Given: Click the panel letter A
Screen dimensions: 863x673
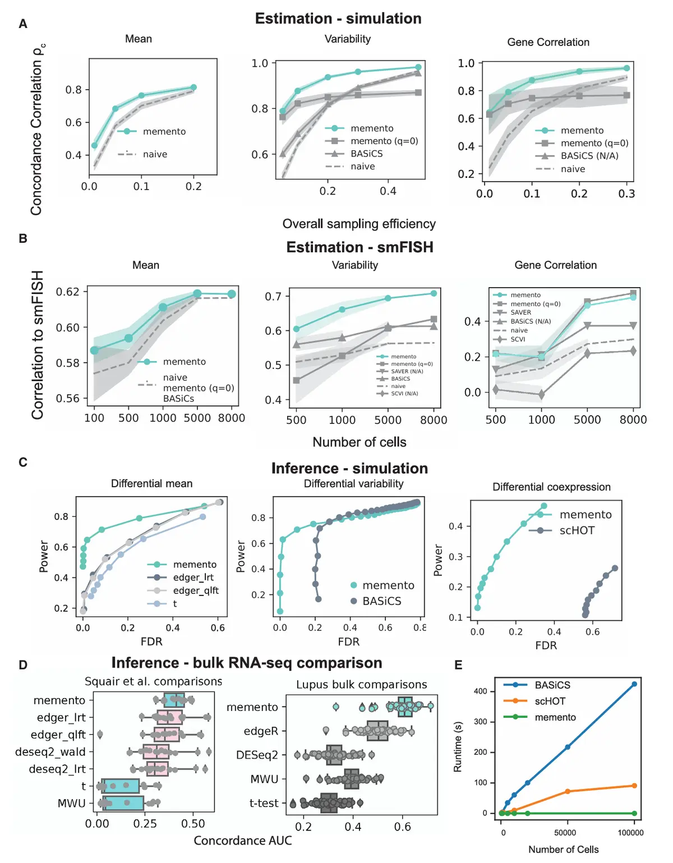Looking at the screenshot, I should pos(23,24).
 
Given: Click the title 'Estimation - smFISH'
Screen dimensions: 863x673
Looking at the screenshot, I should pos(359,247).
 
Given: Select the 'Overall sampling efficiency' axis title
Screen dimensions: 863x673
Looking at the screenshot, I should pos(359,224).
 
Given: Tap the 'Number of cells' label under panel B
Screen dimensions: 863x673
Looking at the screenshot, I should pos(359,442).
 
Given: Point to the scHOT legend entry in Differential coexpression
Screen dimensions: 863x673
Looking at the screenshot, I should pos(577,530).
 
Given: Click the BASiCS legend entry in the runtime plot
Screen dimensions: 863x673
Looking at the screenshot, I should pos(552,685).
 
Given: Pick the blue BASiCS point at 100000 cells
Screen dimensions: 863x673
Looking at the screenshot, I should pos(634,684).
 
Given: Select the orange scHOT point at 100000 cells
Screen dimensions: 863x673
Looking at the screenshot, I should pos(634,786).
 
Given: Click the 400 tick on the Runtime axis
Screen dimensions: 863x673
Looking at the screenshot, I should pos(481,691).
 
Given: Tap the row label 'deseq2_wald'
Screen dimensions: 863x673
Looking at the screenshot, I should pos(50,752).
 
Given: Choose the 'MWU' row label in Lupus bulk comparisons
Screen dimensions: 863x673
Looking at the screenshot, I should pos(264,779).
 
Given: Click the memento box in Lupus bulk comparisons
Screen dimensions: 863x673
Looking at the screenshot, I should pos(405,707).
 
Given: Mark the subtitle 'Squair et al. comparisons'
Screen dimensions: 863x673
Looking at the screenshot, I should pos(153,681).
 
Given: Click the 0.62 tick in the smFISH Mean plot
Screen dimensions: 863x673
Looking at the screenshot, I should pos(68,292).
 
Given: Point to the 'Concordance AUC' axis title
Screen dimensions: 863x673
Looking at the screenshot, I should pos(243,841).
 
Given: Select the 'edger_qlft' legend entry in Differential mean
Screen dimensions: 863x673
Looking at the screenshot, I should pos(195,590).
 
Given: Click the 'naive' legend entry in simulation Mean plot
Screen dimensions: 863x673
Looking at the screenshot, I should pos(155,154).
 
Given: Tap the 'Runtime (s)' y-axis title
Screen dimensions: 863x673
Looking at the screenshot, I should pos(458,746).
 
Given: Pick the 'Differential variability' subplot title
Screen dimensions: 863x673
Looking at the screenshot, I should pos(353,483).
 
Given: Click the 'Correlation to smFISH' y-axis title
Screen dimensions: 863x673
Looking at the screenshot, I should pos(38,345).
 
